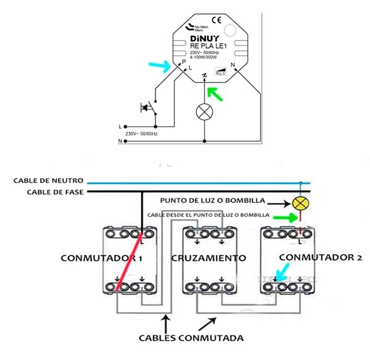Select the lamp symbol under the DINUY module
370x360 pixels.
[204, 111]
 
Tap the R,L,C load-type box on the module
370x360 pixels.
[221, 72]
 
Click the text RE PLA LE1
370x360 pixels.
[206, 46]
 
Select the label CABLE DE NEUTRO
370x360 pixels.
[49, 181]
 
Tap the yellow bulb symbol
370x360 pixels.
[300, 204]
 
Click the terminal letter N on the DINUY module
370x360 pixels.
[232, 65]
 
